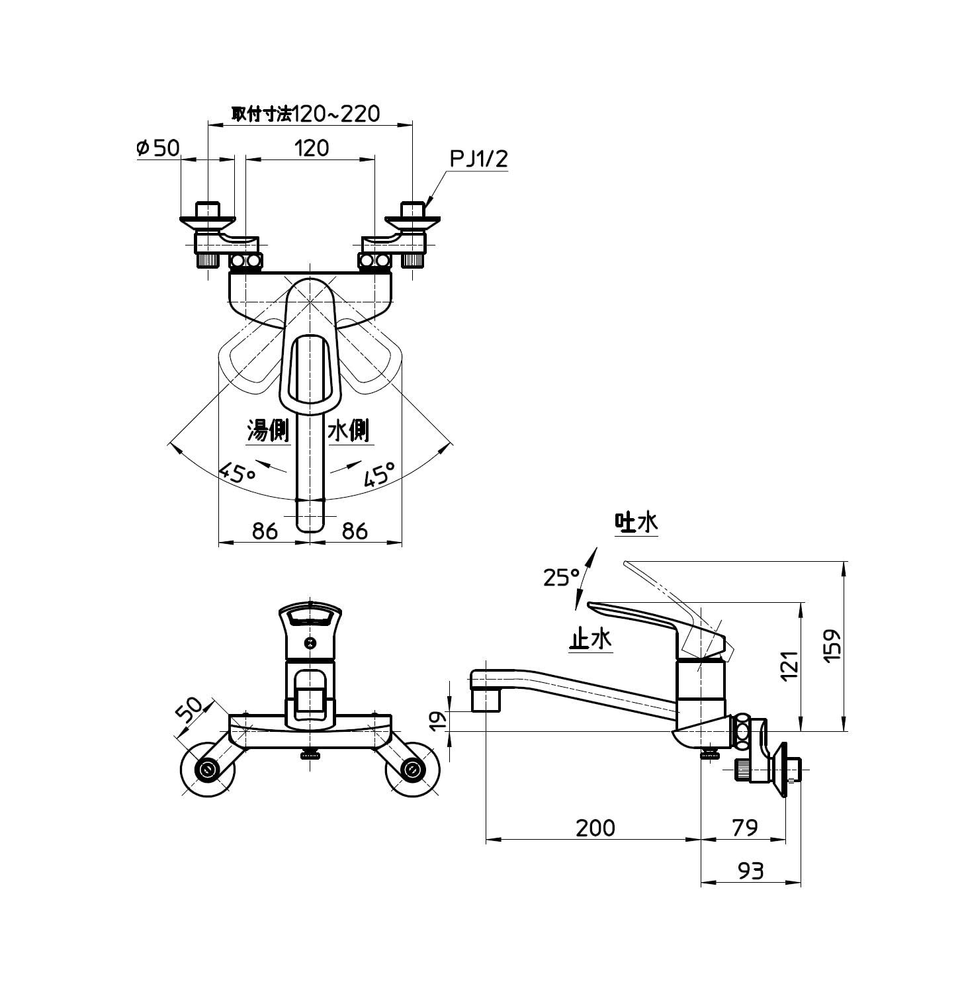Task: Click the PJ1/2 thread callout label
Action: tap(478, 159)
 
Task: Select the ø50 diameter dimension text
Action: tap(157, 148)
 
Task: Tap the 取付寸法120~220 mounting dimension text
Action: tap(306, 114)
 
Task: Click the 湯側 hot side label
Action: tap(268, 431)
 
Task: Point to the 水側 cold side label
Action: tap(349, 431)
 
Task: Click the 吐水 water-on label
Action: tap(636, 522)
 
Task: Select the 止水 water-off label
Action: tap(591, 639)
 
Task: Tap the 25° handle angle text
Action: tap(562, 578)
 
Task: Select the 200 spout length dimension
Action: tap(595, 828)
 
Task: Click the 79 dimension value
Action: tap(745, 828)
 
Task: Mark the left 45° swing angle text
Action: tap(238, 472)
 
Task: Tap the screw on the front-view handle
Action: tap(310, 643)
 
